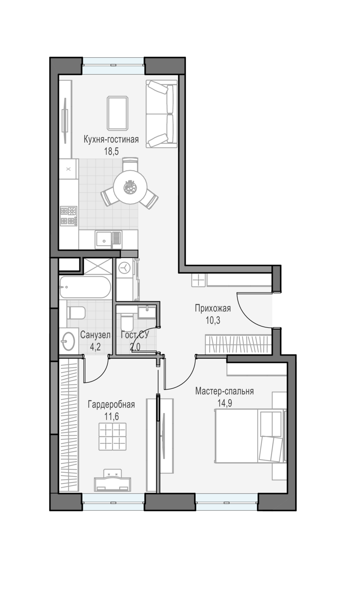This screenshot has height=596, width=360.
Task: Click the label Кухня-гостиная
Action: (x=111, y=139)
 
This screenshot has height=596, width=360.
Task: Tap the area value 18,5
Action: (x=111, y=151)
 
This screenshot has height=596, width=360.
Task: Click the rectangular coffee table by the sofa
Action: (x=117, y=113)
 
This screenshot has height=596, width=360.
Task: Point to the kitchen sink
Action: (x=108, y=240)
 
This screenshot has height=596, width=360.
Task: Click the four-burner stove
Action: (x=68, y=216)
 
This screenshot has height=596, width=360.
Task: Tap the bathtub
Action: (x=85, y=287)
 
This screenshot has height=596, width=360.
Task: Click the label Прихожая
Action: (x=213, y=308)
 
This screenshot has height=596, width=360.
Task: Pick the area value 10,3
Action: (x=213, y=320)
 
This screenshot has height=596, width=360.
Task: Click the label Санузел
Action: (x=95, y=335)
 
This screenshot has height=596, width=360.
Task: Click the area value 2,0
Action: (x=135, y=347)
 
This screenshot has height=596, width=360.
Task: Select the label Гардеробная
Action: (x=112, y=404)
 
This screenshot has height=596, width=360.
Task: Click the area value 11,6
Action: (x=112, y=416)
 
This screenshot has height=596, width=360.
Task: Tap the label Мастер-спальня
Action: (x=225, y=391)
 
